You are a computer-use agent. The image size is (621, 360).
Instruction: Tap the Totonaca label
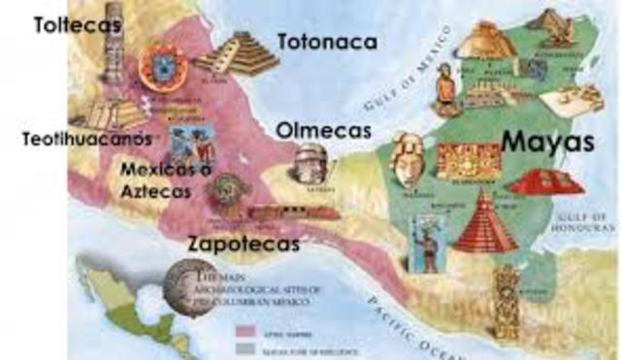coord(326,42)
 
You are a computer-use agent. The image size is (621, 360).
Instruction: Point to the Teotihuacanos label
coord(87,139)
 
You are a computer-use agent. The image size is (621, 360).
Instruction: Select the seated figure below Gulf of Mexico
coord(444,84)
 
